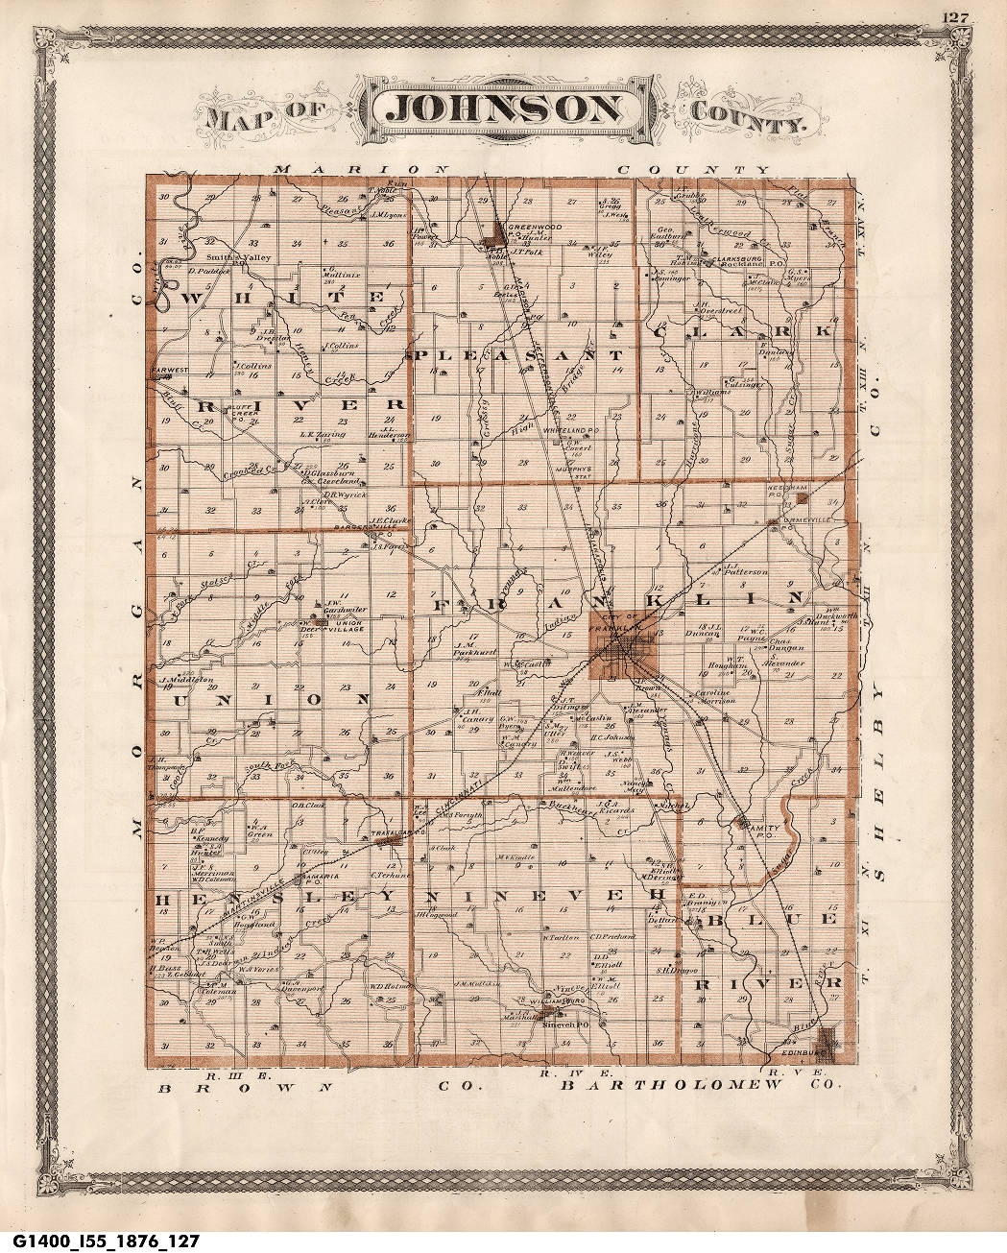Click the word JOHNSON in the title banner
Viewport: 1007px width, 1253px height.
[x=503, y=109]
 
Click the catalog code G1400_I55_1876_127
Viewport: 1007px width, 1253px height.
[x=100, y=1241]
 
